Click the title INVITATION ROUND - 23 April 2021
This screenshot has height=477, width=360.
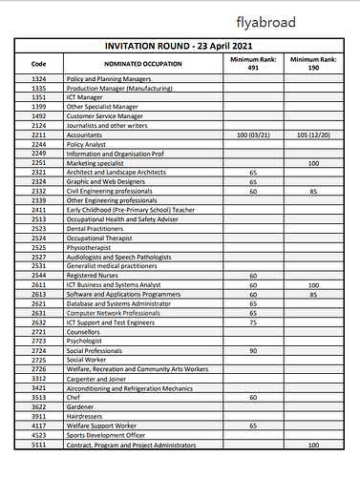[182, 46]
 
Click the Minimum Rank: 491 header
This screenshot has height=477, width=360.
[253, 63]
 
